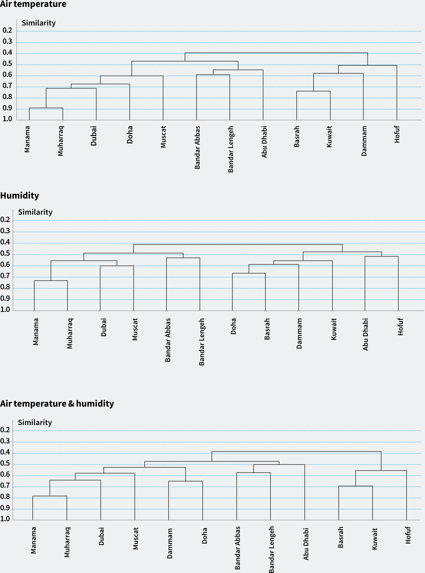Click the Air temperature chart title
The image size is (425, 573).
[x=33, y=4]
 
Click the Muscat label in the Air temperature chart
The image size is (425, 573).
[x=163, y=137]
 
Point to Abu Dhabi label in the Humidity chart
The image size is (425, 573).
[x=365, y=334]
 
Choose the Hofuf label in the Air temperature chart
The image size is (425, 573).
[x=397, y=134]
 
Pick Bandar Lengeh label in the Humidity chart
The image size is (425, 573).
[x=202, y=341]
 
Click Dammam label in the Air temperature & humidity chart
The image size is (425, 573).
[x=170, y=543]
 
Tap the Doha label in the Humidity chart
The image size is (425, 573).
[x=233, y=326]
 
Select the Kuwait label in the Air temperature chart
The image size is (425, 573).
[x=329, y=136]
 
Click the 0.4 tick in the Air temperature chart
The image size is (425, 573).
[x=7, y=53]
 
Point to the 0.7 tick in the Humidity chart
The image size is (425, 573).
[x=5, y=276]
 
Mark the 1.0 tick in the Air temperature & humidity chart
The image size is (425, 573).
[x=5, y=519]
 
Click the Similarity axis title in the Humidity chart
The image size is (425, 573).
[x=35, y=212]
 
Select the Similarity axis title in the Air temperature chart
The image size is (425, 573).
[x=39, y=23]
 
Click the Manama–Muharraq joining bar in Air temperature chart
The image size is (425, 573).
[x=46, y=108]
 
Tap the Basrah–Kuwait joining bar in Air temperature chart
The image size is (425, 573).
[x=313, y=91]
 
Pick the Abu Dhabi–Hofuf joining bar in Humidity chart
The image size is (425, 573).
[x=382, y=257]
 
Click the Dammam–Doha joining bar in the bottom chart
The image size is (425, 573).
[x=185, y=481]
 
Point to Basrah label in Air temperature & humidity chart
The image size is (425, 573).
[x=340, y=537]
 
